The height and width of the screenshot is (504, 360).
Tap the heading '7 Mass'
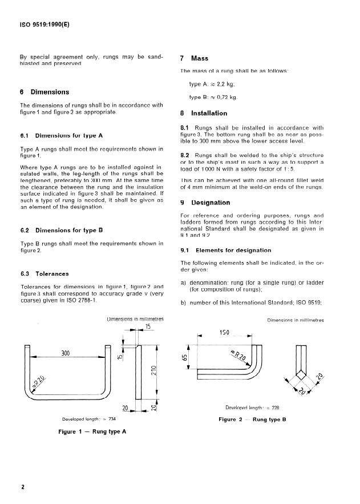(194, 58)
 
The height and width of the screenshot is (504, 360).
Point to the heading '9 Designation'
(205, 203)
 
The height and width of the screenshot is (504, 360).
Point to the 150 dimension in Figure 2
(224, 333)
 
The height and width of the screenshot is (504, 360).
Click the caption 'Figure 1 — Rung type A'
(92, 432)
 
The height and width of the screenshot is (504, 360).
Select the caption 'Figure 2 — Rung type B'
(252, 420)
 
